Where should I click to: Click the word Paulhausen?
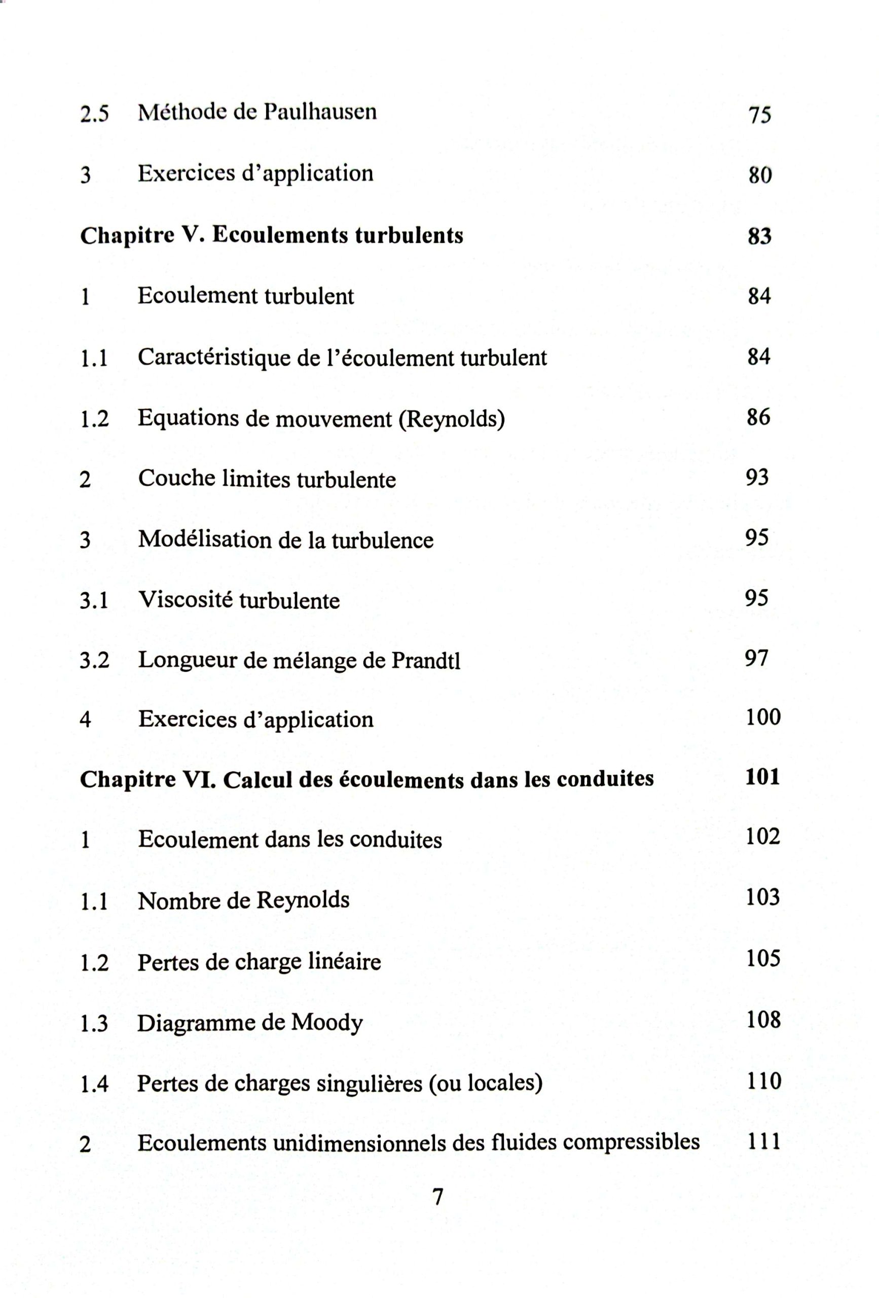click(x=320, y=112)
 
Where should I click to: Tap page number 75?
click(x=759, y=115)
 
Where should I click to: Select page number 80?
click(x=760, y=175)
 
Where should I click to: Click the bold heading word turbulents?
click(x=409, y=235)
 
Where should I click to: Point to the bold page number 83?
click(x=759, y=236)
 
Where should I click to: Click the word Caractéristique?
click(x=214, y=357)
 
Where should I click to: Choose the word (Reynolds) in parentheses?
click(x=451, y=418)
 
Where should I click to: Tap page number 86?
click(x=758, y=417)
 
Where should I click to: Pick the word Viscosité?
click(x=186, y=600)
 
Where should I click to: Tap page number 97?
click(x=757, y=658)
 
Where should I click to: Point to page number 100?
click(x=763, y=717)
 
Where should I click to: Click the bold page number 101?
click(x=762, y=777)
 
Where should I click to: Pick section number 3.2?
click(x=94, y=660)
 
